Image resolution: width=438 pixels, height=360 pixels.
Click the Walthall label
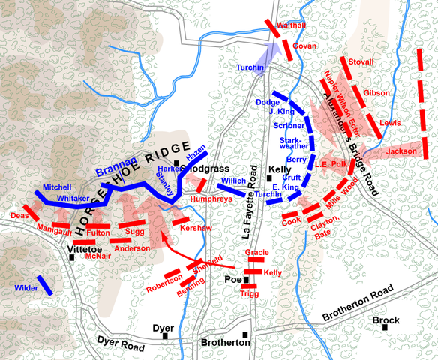click(291, 25)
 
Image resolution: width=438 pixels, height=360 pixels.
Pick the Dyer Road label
click(119, 342)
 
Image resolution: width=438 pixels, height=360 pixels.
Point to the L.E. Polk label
click(330, 164)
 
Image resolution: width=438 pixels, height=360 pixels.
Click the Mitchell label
click(56, 187)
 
